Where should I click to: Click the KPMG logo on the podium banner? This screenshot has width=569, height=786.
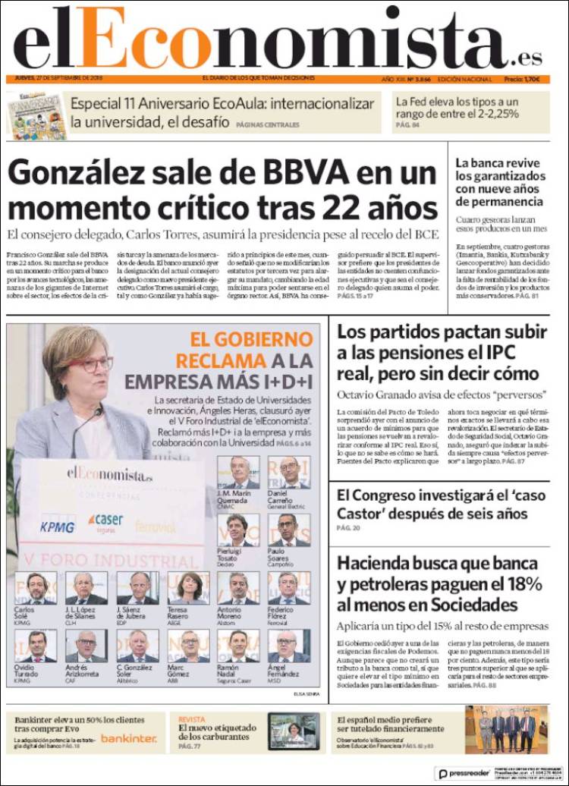57,527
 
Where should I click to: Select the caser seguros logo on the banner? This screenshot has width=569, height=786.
106,521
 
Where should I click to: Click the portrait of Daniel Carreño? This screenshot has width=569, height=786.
289,472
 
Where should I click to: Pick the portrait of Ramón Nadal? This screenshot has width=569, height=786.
238,645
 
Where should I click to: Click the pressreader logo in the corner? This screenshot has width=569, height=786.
463,773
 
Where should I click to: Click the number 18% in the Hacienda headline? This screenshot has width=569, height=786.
520,584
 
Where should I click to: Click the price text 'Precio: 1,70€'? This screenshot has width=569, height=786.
522,80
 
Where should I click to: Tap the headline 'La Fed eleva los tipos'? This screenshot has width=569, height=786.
457,107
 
